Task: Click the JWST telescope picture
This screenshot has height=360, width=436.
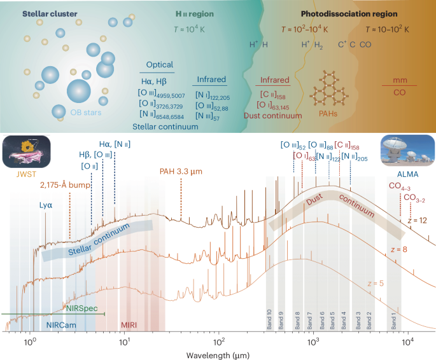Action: click(x=24, y=151)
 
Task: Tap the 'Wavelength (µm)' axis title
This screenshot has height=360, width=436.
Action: click(x=218, y=352)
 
